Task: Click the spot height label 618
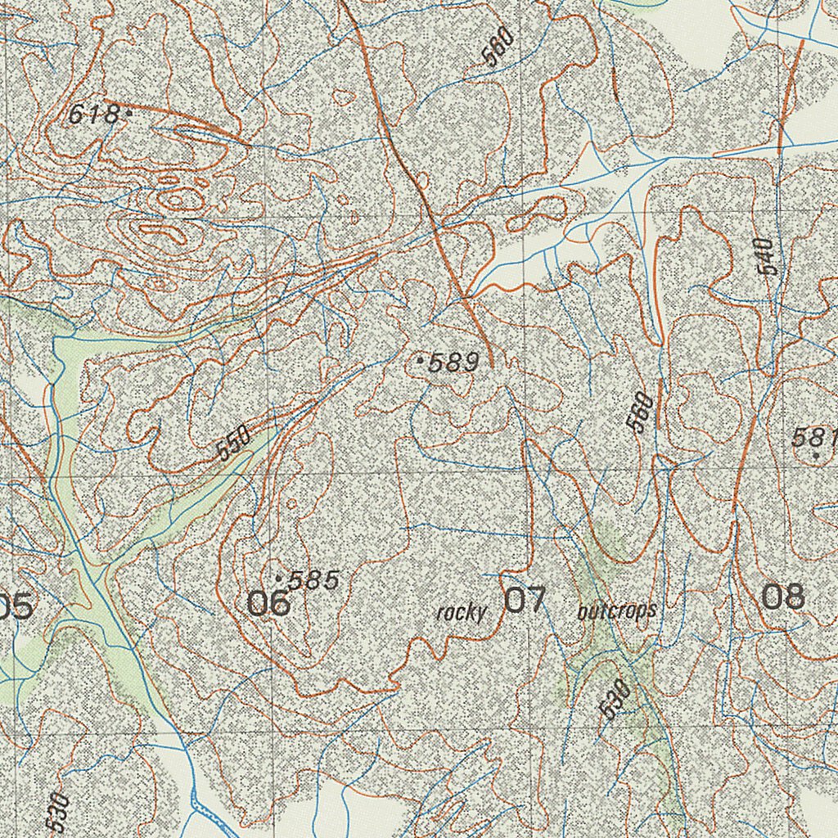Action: coord(93,115)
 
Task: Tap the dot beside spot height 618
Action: coord(128,115)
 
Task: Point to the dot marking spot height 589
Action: coord(421,359)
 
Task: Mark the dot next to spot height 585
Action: coord(278,579)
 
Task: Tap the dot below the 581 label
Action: coord(815,455)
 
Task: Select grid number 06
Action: coord(268,603)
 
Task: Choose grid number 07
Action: coord(524,600)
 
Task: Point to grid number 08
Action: coord(783,597)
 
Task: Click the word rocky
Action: coord(462,611)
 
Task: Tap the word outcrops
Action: coord(616,610)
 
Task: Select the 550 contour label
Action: coord(234,443)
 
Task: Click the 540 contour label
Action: coord(764,256)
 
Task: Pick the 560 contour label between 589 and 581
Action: coord(640,412)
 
